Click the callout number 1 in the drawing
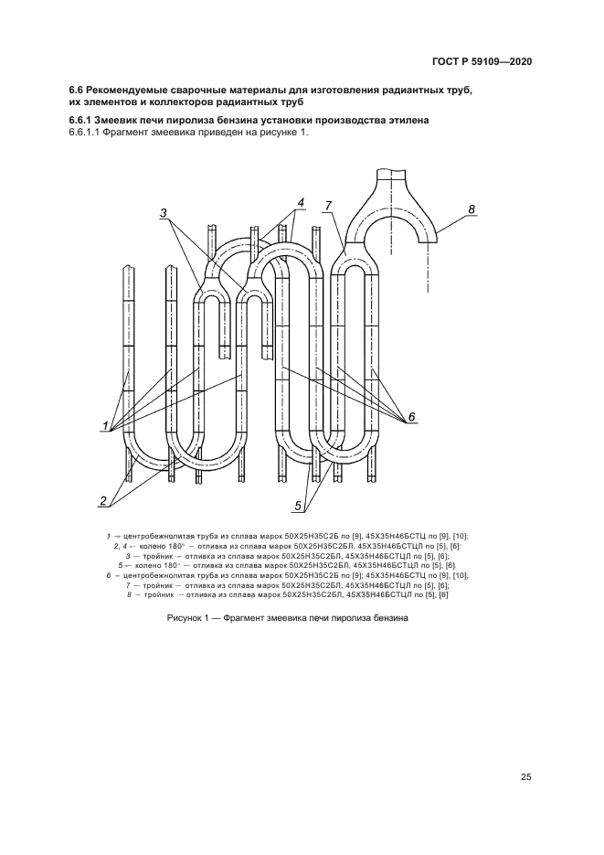coord(107,425)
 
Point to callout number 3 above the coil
coord(164,213)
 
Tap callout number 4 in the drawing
coord(301,202)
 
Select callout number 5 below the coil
coord(298,504)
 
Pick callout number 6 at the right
coord(411,417)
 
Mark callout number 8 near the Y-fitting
coord(472,209)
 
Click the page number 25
coord(526,777)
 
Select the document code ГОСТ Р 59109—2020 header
coord(482,61)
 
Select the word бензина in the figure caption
coord(387,617)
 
